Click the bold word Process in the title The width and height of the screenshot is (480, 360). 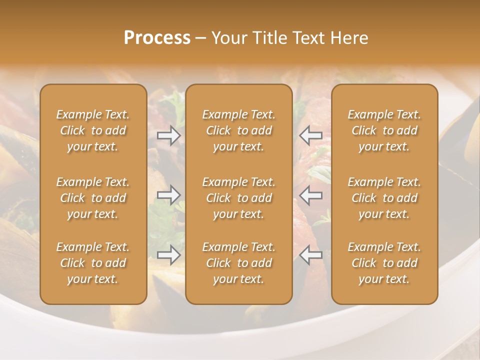coord(157,38)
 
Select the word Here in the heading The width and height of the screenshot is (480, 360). coord(349,38)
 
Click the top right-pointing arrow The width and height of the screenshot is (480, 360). coord(169,135)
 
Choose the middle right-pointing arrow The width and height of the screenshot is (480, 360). coord(169,195)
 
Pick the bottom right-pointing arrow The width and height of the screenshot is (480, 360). coord(169,255)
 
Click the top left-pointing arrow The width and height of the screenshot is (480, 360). coord(311,135)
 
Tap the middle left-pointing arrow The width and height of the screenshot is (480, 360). coord(311,195)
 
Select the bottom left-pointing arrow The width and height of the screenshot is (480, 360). coord(311,255)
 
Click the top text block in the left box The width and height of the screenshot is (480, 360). coord(93,130)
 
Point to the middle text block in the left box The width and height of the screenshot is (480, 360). coord(93,198)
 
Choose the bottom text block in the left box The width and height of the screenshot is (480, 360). coord(93,263)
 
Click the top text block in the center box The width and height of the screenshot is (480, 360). coord(239,130)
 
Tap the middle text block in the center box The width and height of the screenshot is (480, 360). coord(239,198)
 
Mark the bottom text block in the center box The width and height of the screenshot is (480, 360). coord(239,263)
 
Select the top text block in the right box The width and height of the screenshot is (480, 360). coord(384,130)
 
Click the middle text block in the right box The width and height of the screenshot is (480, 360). coord(384,198)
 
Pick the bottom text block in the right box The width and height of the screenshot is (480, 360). coord(384,263)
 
